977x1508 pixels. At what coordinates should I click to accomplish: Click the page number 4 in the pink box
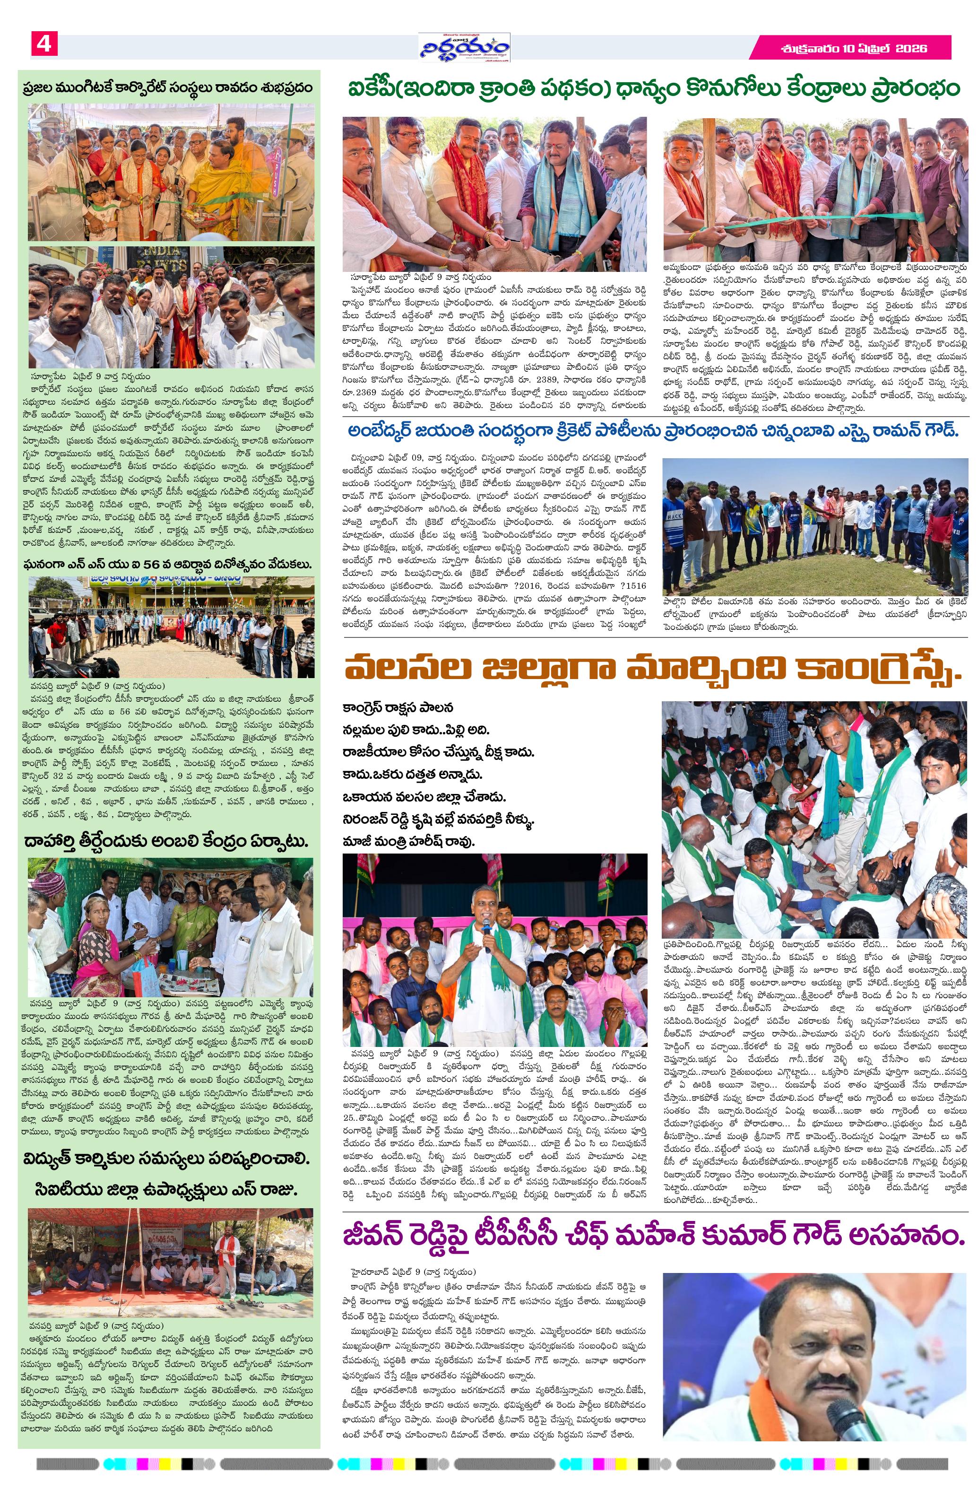[x=43, y=45]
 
